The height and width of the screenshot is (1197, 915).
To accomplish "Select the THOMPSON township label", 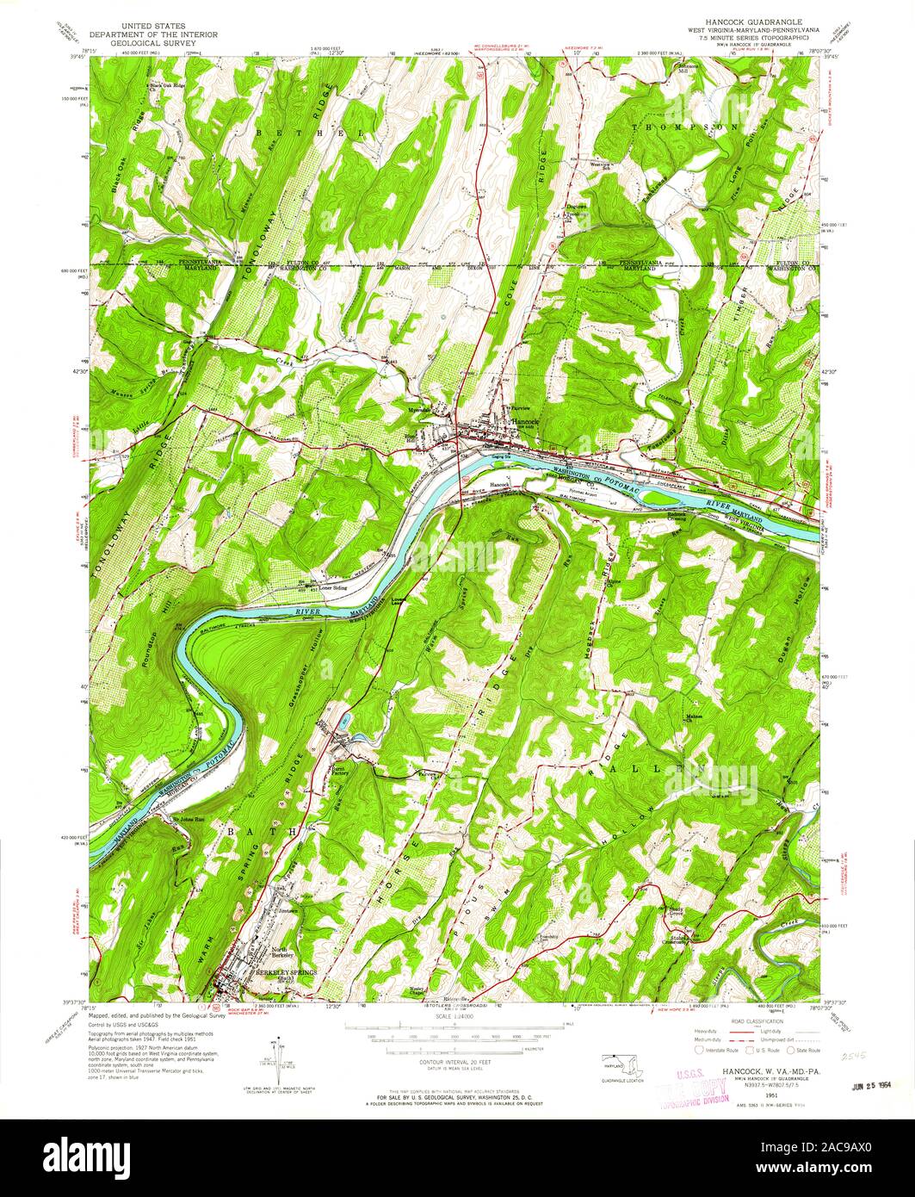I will pyautogui.click(x=696, y=127).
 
